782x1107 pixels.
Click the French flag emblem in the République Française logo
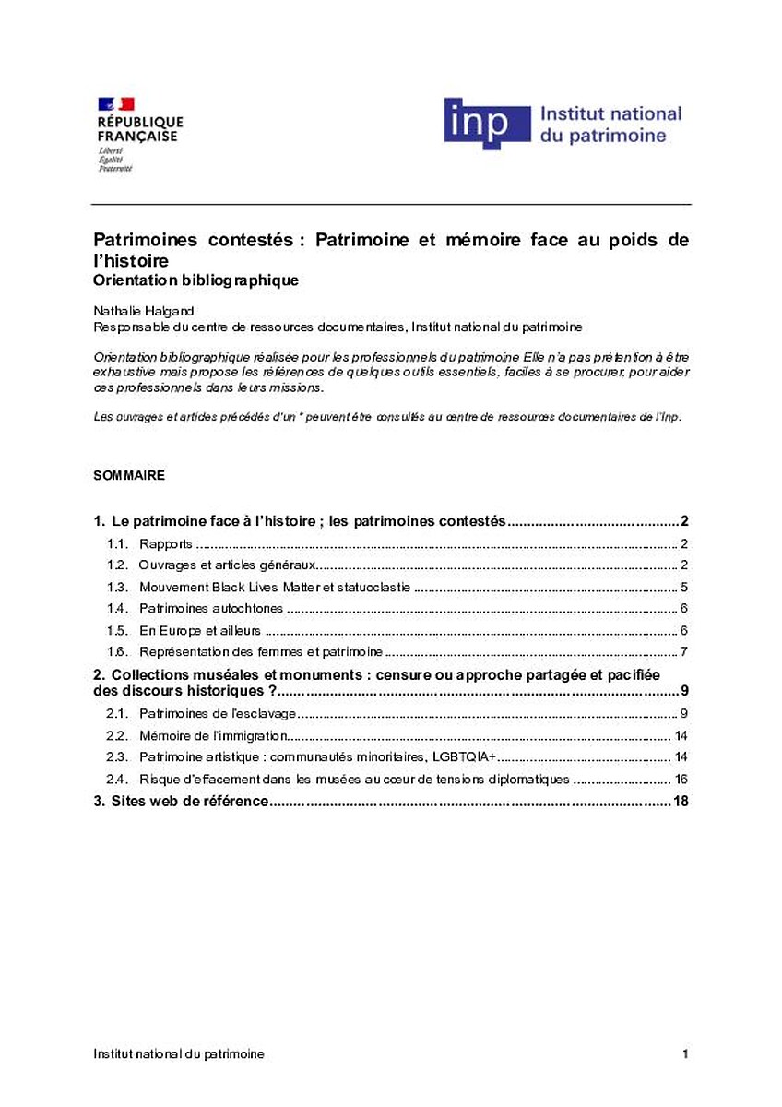[116, 104]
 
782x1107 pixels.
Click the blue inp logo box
[487, 123]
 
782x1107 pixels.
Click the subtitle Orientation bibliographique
[196, 280]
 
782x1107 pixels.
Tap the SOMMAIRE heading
[129, 476]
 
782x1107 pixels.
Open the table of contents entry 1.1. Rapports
[166, 543]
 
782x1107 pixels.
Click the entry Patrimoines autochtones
[211, 608]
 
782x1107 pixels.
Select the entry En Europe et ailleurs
[199, 630]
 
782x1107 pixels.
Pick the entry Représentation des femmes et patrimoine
[261, 652]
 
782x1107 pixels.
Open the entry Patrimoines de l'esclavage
[218, 713]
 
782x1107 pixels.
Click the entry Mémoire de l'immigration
[214, 735]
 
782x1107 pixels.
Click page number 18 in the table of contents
[681, 801]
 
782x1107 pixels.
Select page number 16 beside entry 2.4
[681, 780]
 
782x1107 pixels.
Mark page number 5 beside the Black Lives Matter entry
[684, 587]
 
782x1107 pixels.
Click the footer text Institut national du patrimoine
[178, 1053]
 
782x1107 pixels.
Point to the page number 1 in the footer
[685, 1053]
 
